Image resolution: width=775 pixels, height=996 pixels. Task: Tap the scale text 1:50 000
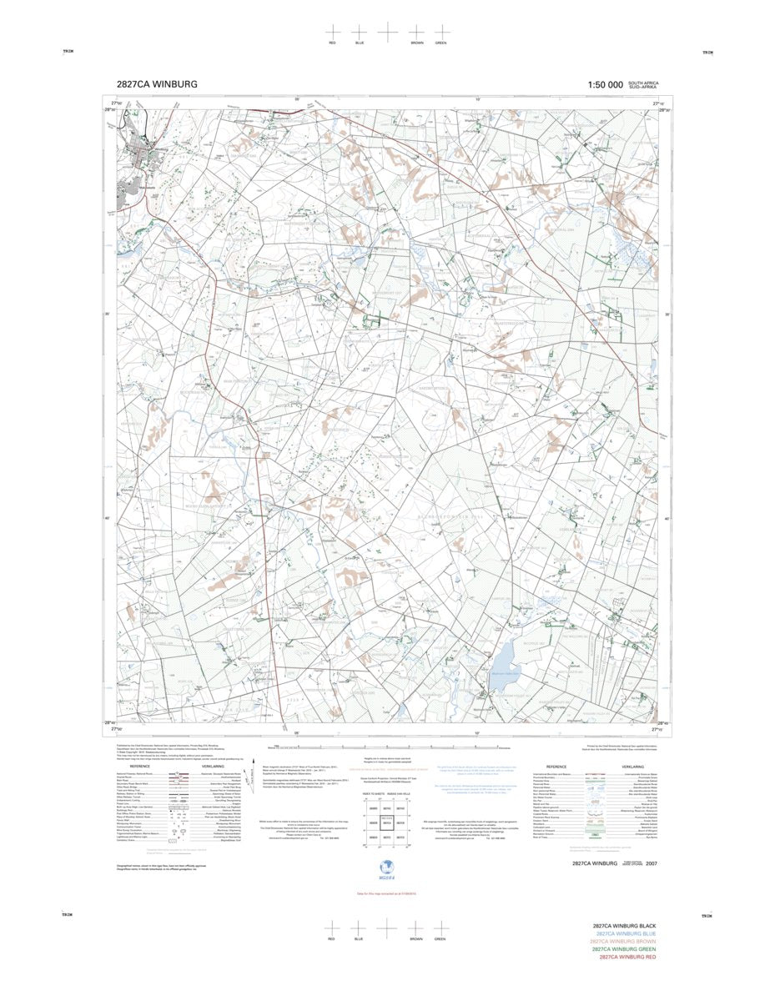(x=605, y=84)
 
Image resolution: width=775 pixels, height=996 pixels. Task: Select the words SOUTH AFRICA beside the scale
(x=643, y=83)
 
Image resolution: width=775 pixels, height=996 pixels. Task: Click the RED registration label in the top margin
(x=332, y=43)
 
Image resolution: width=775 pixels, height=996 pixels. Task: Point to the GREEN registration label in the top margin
(x=440, y=43)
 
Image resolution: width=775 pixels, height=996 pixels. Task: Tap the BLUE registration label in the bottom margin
(x=359, y=938)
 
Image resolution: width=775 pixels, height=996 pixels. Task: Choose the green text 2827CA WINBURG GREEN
(x=624, y=948)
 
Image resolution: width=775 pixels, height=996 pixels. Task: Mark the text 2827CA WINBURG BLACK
(x=625, y=926)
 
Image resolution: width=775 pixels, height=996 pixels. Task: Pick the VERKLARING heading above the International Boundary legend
(x=632, y=767)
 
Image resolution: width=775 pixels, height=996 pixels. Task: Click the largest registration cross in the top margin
(x=388, y=31)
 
